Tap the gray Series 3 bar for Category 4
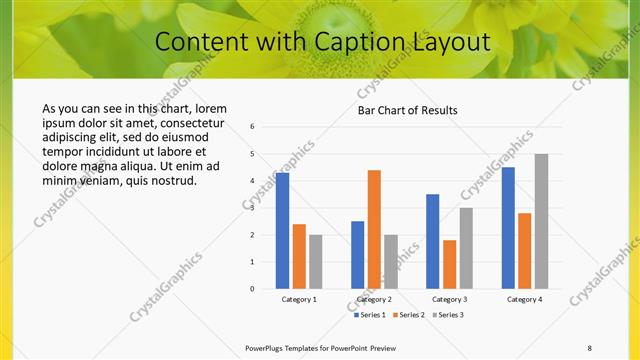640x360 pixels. click(x=541, y=222)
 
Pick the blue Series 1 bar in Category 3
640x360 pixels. click(x=432, y=242)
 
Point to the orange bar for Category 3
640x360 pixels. click(x=449, y=264)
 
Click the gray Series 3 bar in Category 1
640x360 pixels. click(x=316, y=262)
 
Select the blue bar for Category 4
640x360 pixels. click(x=508, y=228)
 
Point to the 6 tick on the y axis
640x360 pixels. click(x=253, y=127)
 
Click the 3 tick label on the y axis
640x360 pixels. click(x=253, y=208)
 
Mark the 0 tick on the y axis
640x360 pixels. click(x=253, y=289)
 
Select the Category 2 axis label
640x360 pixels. click(x=374, y=299)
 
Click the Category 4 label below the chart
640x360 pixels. click(x=524, y=299)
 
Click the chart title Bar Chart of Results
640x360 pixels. click(x=408, y=110)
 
